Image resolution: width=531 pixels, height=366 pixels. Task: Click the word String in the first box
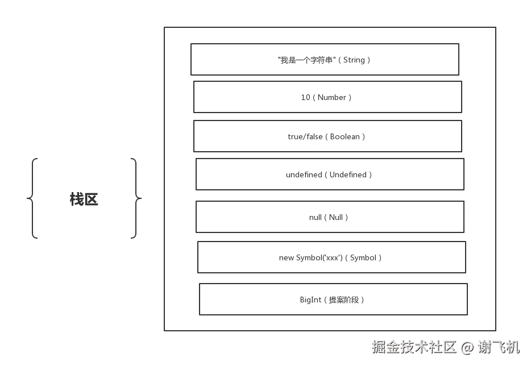click(354, 60)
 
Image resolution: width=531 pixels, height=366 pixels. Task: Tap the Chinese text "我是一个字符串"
click(306, 60)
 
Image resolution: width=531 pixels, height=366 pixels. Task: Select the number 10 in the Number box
click(306, 97)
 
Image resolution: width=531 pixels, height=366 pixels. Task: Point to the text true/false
click(305, 136)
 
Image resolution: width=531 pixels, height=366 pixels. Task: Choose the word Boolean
click(345, 136)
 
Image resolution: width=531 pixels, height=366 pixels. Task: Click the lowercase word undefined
click(304, 174)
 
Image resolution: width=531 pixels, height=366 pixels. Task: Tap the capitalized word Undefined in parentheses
click(348, 174)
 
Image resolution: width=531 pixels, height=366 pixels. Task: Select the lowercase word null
click(316, 217)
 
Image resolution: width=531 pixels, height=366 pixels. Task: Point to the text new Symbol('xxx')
click(310, 257)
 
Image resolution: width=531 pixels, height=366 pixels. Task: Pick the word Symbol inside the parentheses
click(363, 257)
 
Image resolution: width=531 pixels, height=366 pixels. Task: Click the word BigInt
click(310, 300)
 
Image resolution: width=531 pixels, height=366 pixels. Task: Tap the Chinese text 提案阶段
click(344, 300)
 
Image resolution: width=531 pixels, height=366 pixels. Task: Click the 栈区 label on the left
click(84, 199)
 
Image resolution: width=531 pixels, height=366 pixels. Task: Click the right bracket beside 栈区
click(135, 198)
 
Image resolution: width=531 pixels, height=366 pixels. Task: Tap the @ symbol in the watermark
click(467, 347)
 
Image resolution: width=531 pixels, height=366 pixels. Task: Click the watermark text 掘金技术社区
click(414, 347)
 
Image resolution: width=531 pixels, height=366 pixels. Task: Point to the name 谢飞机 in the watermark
click(498, 347)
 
